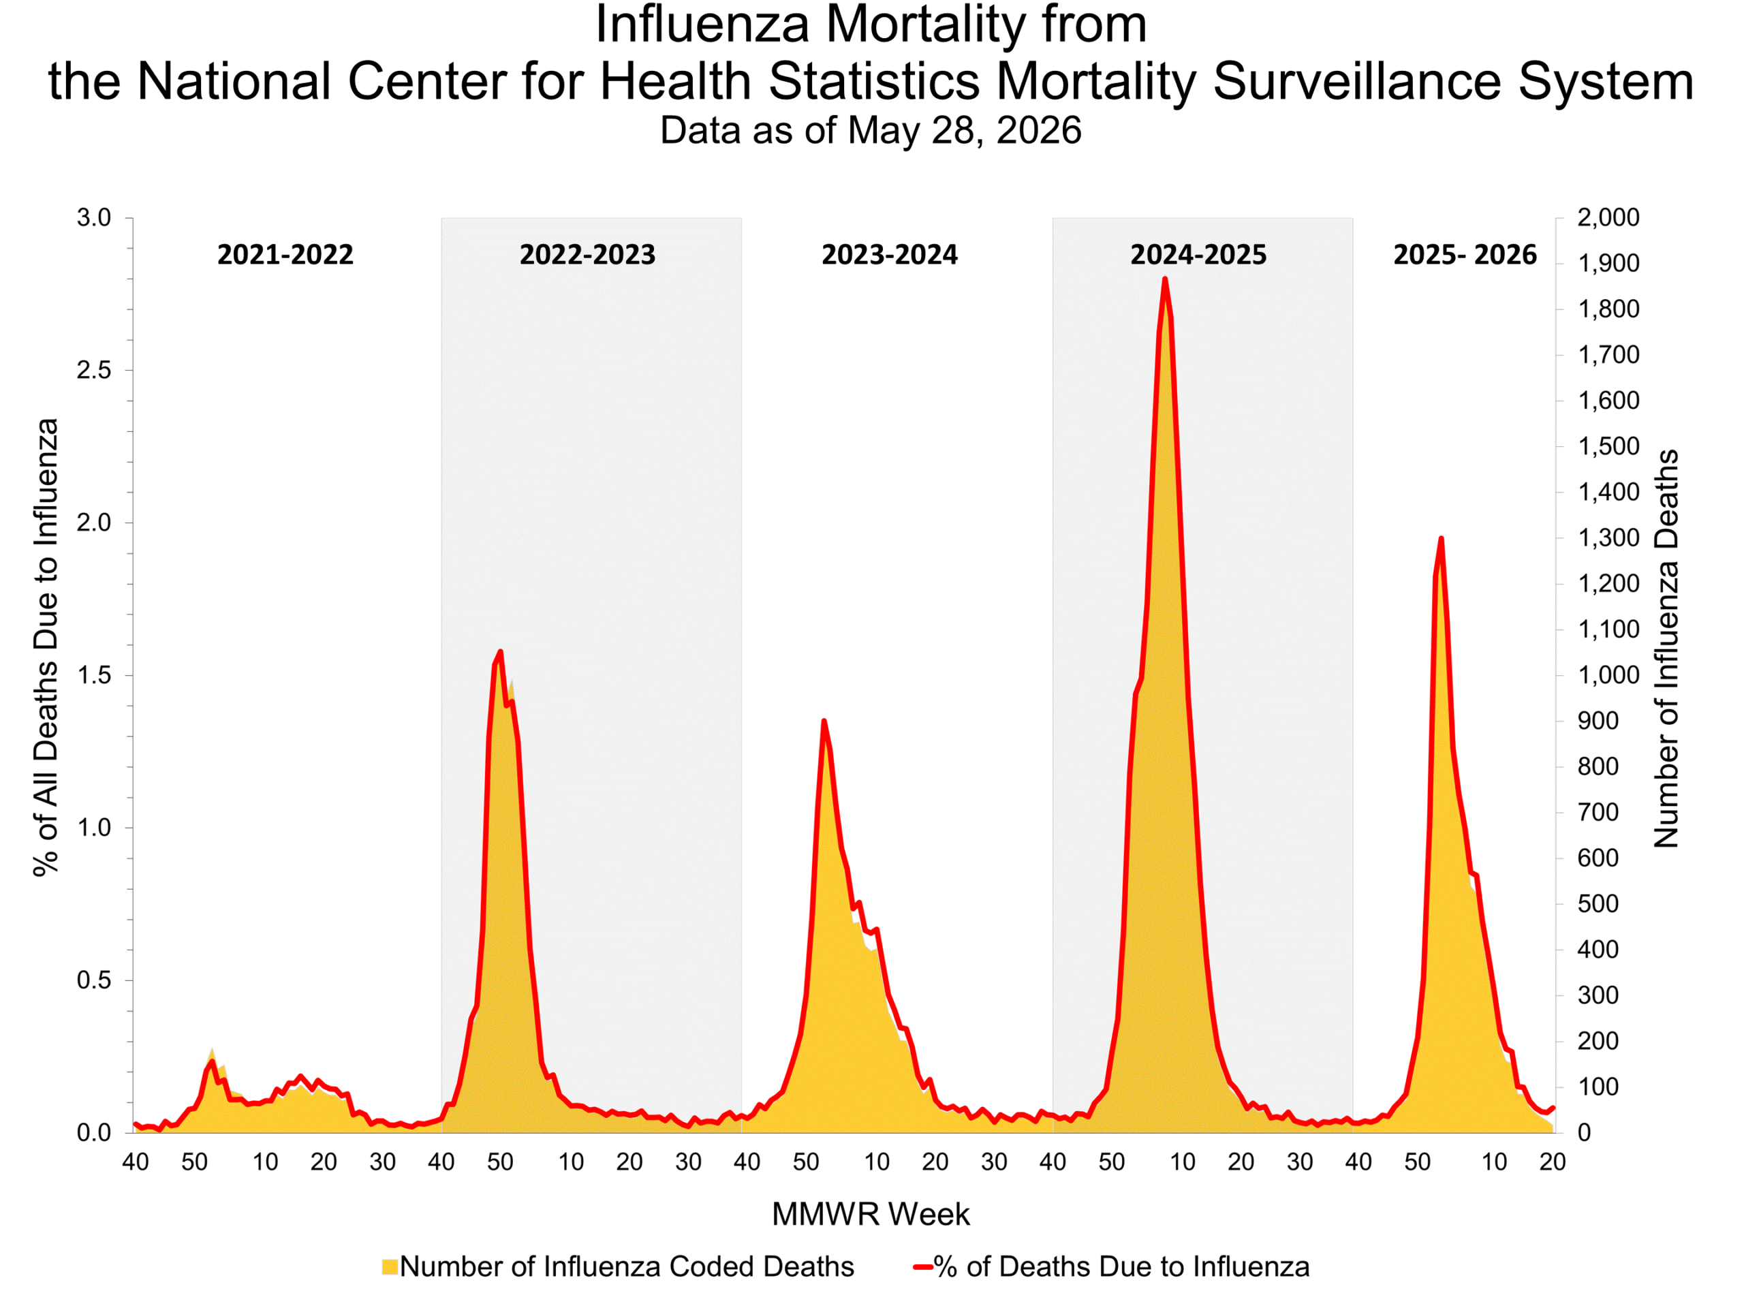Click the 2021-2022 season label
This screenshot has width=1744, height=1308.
click(285, 255)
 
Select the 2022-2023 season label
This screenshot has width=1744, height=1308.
click(587, 255)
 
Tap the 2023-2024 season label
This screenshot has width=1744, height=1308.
click(889, 255)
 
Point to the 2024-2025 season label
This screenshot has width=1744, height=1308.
click(1198, 255)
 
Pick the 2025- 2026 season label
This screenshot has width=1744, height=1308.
click(1465, 255)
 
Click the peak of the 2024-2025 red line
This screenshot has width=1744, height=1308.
click(1164, 279)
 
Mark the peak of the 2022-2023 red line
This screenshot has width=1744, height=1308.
click(501, 651)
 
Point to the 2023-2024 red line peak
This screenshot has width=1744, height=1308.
click(824, 721)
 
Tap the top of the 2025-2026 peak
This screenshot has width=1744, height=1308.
click(1442, 538)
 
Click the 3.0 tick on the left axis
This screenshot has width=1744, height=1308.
click(94, 217)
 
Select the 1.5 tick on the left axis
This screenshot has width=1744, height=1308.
click(94, 676)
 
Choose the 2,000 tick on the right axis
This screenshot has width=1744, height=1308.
click(1608, 217)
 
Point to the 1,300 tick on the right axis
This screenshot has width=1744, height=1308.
click(1608, 538)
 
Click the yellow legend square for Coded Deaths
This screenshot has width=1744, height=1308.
click(390, 1267)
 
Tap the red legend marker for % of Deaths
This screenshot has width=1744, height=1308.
click(923, 1268)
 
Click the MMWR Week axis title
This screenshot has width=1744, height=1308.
click(871, 1214)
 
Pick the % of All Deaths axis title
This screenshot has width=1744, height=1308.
click(46, 647)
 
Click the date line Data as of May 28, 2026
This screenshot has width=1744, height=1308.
click(871, 130)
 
